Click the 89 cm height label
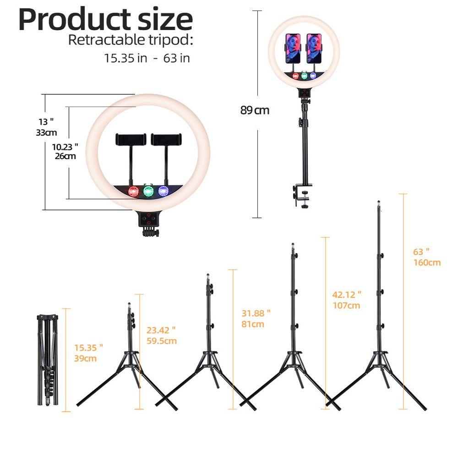(x=255, y=110)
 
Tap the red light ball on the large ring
(x=134, y=192)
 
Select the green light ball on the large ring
(x=148, y=191)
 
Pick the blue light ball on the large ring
(x=163, y=191)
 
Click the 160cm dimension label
(x=426, y=262)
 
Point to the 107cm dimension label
(x=346, y=305)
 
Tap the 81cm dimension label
(x=253, y=324)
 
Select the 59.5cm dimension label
(x=161, y=341)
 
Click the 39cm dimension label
(x=85, y=358)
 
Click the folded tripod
(x=47, y=360)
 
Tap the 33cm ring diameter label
(x=46, y=133)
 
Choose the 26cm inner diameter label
(x=65, y=156)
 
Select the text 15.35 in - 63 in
(x=147, y=58)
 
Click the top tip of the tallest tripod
(x=378, y=202)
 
